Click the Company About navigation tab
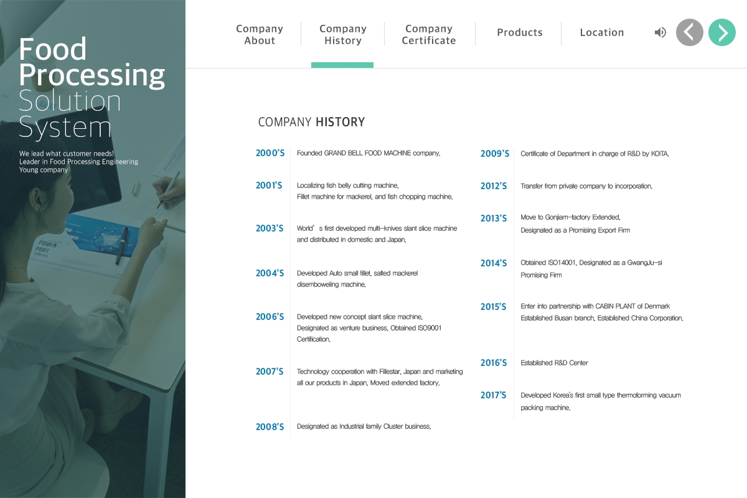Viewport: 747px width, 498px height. click(260, 34)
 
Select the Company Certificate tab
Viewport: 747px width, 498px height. click(429, 34)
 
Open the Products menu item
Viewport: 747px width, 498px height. click(520, 32)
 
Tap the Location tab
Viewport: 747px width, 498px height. click(602, 32)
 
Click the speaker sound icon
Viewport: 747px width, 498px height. click(660, 32)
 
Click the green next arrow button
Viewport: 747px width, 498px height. click(722, 32)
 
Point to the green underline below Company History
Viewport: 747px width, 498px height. click(342, 65)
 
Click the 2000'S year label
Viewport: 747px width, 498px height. click(270, 153)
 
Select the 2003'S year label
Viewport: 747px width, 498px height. click(270, 228)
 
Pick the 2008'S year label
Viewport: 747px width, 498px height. click(270, 427)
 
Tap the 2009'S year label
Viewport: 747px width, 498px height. click(495, 154)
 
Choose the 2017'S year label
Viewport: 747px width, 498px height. click(493, 395)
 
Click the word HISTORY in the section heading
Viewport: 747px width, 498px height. click(340, 122)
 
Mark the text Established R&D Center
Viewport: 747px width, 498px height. click(554, 363)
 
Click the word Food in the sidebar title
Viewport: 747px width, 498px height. click(53, 49)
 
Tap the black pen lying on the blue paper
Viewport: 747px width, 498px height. click(121, 245)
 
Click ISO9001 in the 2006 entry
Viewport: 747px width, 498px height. click(430, 328)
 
